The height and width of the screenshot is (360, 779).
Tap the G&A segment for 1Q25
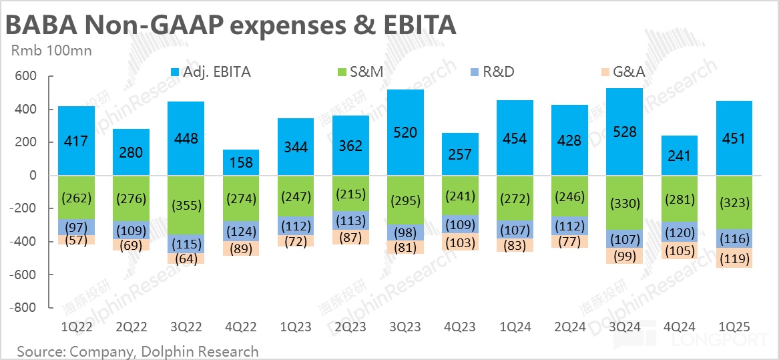coord(736,258)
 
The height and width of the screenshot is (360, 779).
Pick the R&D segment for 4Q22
coord(240,232)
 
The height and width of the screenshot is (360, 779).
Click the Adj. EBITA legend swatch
coord(176,71)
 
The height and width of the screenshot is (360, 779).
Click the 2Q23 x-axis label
coord(350,327)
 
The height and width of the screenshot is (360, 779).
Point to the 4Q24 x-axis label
coord(680,327)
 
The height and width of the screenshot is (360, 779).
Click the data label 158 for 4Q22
coord(240,162)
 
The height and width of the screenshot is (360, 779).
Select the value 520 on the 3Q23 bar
coord(405,133)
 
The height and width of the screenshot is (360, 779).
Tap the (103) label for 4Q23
coord(461,243)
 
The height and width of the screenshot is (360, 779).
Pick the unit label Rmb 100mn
coord(51,50)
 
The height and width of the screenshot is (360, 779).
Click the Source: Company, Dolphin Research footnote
coord(138,351)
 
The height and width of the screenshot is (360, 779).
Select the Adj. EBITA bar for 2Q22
coord(131,152)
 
